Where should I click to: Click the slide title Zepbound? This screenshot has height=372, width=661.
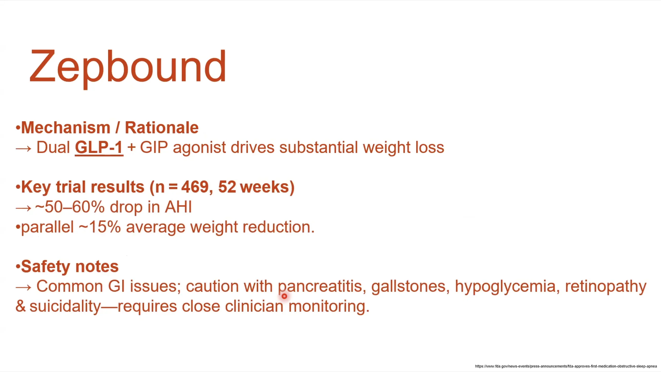click(128, 68)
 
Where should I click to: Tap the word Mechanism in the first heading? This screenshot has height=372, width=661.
click(66, 128)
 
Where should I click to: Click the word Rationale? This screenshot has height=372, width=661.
click(162, 128)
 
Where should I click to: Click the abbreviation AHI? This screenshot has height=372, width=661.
click(178, 207)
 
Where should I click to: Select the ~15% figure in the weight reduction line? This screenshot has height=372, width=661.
click(100, 227)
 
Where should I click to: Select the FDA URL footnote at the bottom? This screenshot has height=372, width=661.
click(566, 366)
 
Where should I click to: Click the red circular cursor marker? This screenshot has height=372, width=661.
click(284, 296)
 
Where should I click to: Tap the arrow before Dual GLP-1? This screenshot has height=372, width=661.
click(23, 149)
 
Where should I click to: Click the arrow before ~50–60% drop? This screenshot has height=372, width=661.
click(23, 208)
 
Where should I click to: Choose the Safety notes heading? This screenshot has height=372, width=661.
click(67, 267)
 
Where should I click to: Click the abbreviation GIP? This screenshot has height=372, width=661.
click(154, 148)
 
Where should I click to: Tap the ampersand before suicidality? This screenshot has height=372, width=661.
click(21, 306)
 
